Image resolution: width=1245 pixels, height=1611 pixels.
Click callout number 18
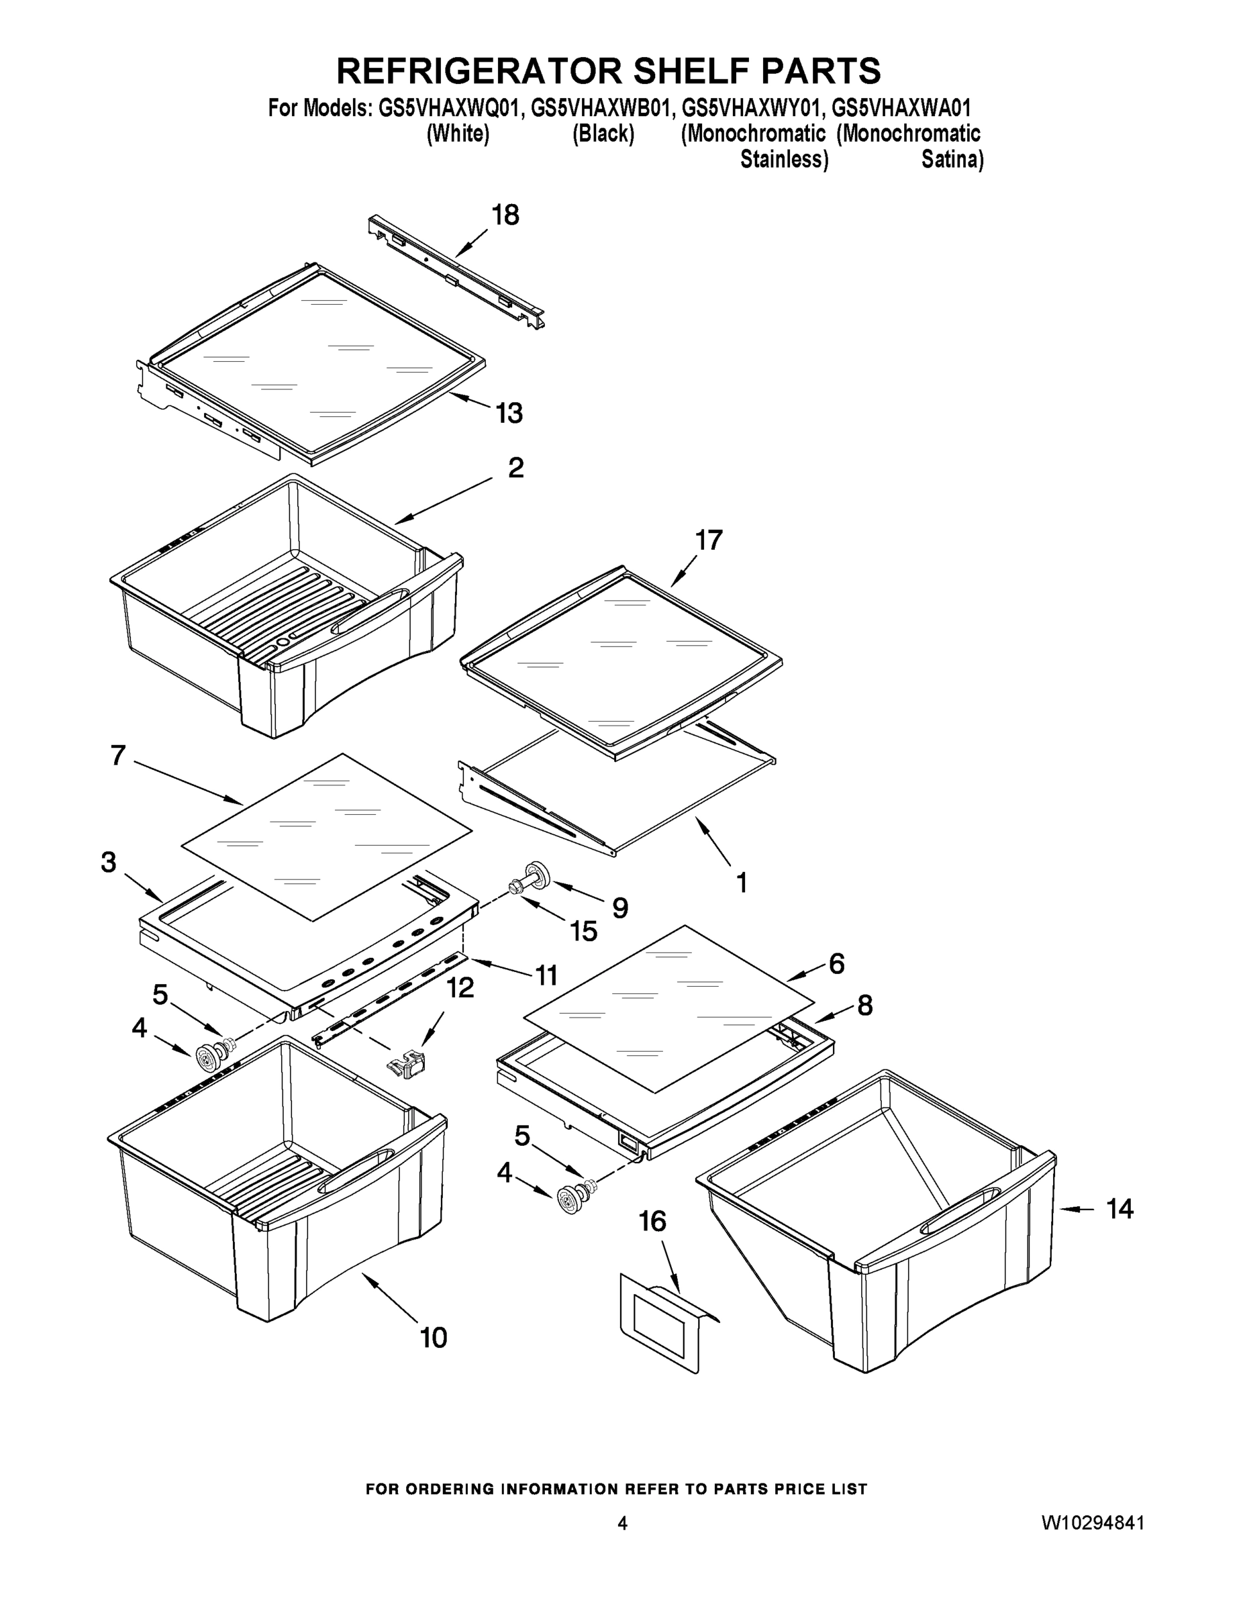pyautogui.click(x=505, y=215)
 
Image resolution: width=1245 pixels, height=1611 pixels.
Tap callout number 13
pyautogui.click(x=509, y=413)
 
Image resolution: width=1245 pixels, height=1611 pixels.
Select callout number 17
pyautogui.click(x=708, y=540)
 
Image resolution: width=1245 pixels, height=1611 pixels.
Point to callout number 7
pyautogui.click(x=118, y=755)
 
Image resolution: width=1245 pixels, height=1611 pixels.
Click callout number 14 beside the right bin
pyautogui.click(x=1119, y=1208)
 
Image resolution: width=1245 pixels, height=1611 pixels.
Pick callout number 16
pyautogui.click(x=652, y=1222)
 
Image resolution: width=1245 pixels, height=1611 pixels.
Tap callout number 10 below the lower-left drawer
pyautogui.click(x=434, y=1337)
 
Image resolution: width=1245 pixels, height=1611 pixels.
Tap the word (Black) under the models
pyautogui.click(x=603, y=134)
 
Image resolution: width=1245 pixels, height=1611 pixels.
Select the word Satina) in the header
pyautogui.click(x=952, y=159)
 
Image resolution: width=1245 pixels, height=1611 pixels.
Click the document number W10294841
pyautogui.click(x=1093, y=1522)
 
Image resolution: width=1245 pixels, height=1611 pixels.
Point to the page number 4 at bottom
pyautogui.click(x=621, y=1523)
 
